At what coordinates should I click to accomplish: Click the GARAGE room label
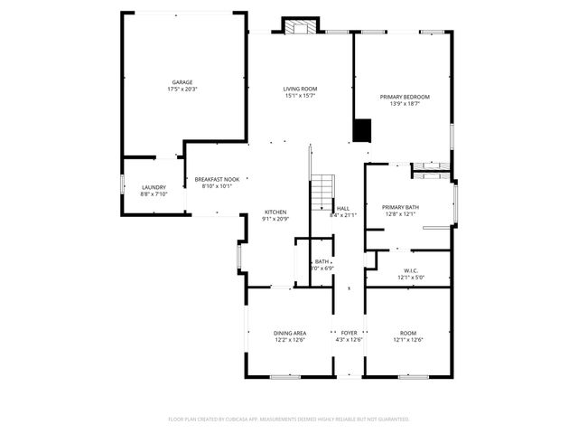[x=183, y=81]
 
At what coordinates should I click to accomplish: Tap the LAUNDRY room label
[x=154, y=187]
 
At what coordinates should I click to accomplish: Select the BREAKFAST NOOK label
[x=217, y=179]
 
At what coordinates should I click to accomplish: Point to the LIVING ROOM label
[x=300, y=89]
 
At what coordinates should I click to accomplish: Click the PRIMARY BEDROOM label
[x=404, y=97]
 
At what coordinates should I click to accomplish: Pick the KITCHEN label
[x=275, y=212]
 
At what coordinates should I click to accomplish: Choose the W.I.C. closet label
[x=411, y=271]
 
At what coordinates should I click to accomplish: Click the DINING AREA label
[x=290, y=334]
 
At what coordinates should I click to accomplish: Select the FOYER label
[x=349, y=334]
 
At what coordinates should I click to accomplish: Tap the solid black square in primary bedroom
[x=362, y=132]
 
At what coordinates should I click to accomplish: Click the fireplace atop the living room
[x=300, y=27]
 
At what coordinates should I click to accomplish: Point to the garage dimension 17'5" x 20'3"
[x=183, y=89]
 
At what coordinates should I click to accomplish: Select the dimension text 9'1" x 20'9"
[x=275, y=219]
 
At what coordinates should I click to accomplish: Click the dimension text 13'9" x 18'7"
[x=404, y=104]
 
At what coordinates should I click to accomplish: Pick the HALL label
[x=343, y=208]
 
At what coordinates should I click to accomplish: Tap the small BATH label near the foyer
[x=322, y=261]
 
